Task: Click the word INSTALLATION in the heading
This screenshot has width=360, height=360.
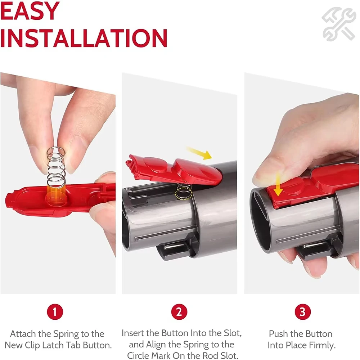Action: [x=84, y=38]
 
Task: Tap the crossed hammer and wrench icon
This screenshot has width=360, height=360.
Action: [x=339, y=24]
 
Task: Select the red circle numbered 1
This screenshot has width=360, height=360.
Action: [x=55, y=312]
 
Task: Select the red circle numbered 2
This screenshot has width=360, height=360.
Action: [x=179, y=312]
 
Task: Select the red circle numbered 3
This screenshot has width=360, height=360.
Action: [x=303, y=312]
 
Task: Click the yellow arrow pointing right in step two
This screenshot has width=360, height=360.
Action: [x=199, y=153]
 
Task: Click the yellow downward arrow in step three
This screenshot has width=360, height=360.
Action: [x=278, y=185]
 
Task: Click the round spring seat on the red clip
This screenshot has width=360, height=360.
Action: [x=55, y=196]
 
